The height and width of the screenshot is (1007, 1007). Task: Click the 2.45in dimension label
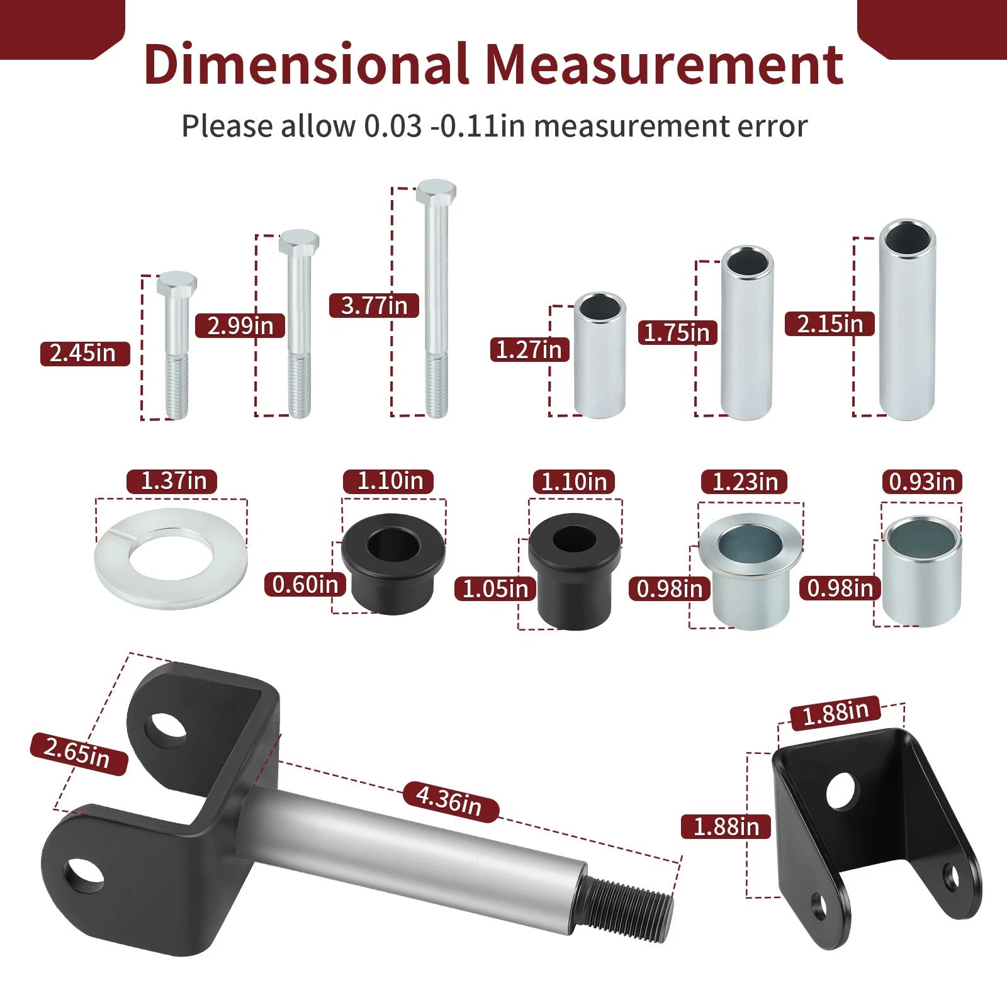[x=85, y=353]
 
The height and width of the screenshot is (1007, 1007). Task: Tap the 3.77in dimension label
[x=374, y=306]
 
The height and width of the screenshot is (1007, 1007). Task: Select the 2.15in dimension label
[x=830, y=324]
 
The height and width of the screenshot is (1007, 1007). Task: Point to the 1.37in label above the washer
[x=172, y=481]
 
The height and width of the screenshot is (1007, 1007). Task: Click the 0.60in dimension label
[x=305, y=585]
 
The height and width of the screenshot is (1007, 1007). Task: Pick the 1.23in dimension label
[x=745, y=482]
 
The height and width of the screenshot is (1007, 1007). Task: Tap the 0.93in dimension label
[x=921, y=482]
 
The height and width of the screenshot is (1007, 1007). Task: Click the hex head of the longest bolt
[x=436, y=191]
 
